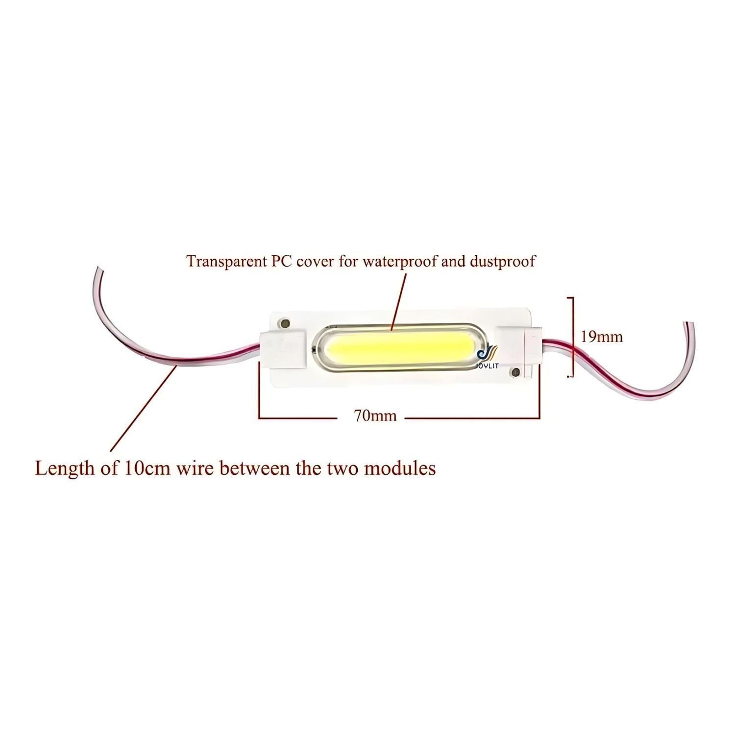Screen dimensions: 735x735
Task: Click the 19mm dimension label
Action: [x=601, y=337]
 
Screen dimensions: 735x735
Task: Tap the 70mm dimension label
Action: [x=375, y=416]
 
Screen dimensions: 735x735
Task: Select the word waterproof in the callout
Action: [x=400, y=261]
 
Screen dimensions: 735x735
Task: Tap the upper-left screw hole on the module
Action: [x=283, y=323]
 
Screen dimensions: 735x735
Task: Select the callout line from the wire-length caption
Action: [x=142, y=409]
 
